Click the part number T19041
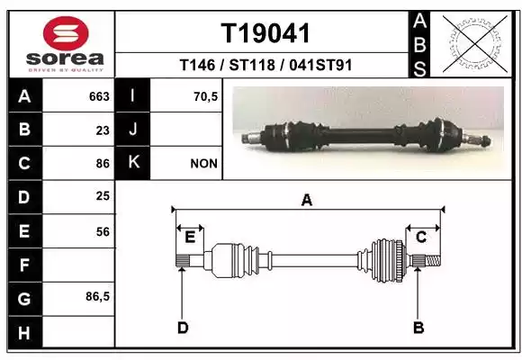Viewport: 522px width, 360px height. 265,33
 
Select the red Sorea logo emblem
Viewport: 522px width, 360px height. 66,33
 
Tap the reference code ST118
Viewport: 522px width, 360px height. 252,65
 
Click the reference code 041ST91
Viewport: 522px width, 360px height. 320,65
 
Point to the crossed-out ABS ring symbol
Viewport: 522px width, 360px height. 475,43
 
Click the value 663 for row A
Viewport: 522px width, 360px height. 99,96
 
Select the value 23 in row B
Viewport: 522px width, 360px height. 103,130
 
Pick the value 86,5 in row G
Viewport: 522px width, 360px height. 97,296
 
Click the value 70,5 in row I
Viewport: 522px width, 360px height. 205,96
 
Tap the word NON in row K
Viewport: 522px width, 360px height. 203,164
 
